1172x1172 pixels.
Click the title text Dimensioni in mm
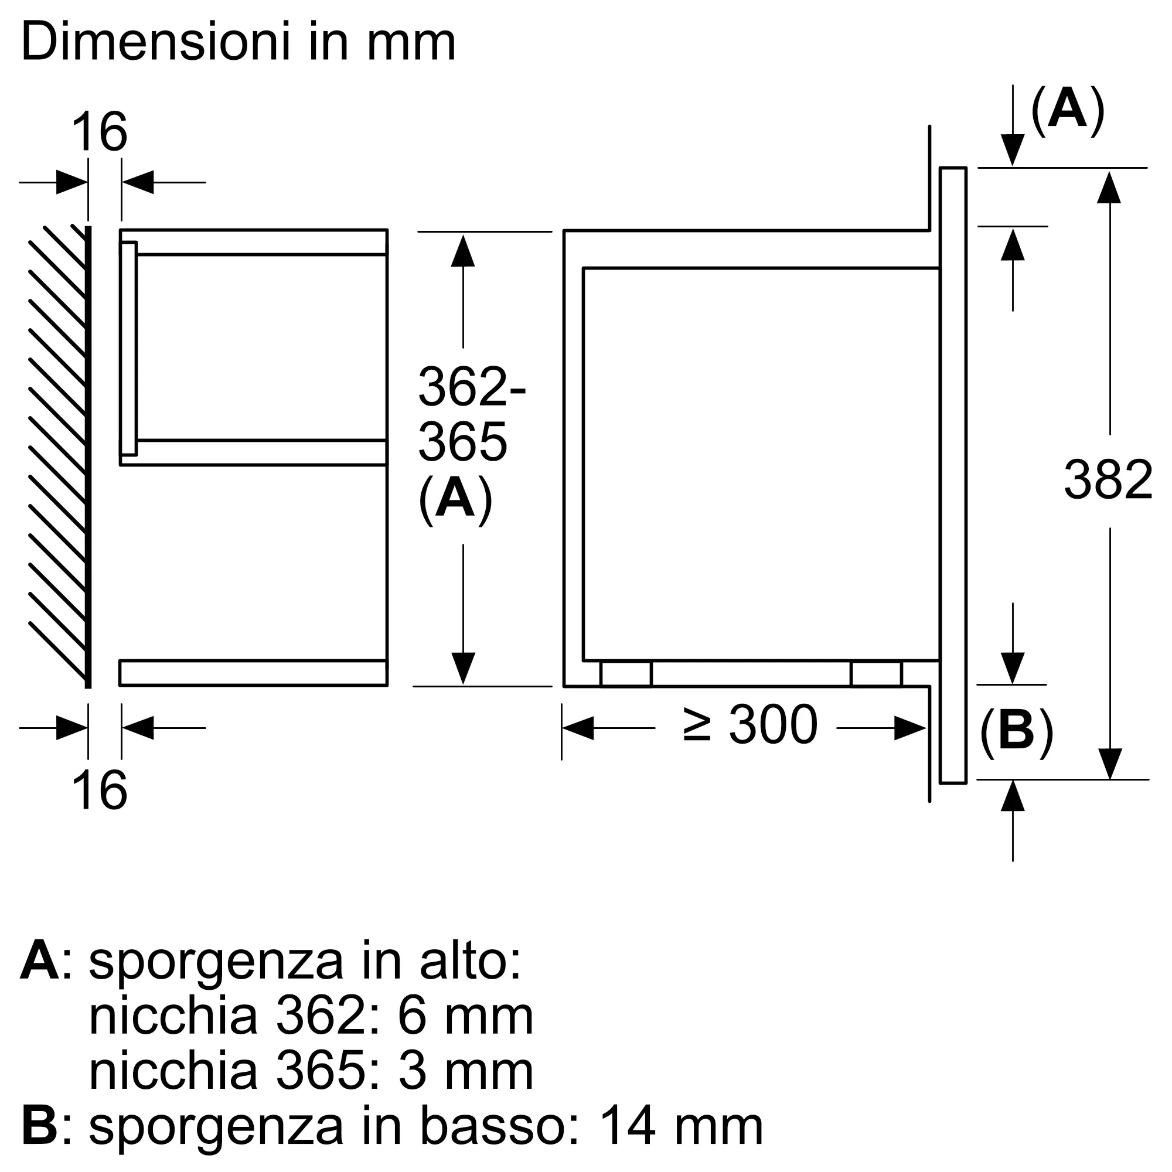[x=238, y=42]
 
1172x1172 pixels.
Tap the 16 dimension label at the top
[x=100, y=132]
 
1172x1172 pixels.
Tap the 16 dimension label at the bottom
[x=100, y=790]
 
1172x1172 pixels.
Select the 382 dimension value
[x=1108, y=481]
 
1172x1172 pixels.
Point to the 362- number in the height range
[x=471, y=387]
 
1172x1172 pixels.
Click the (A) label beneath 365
[x=455, y=500]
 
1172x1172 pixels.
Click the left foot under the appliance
[x=625, y=674]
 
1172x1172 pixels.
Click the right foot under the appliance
[x=876, y=674]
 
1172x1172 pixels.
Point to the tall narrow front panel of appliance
[x=953, y=475]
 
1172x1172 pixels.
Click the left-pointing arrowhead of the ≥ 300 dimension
[x=578, y=728]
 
